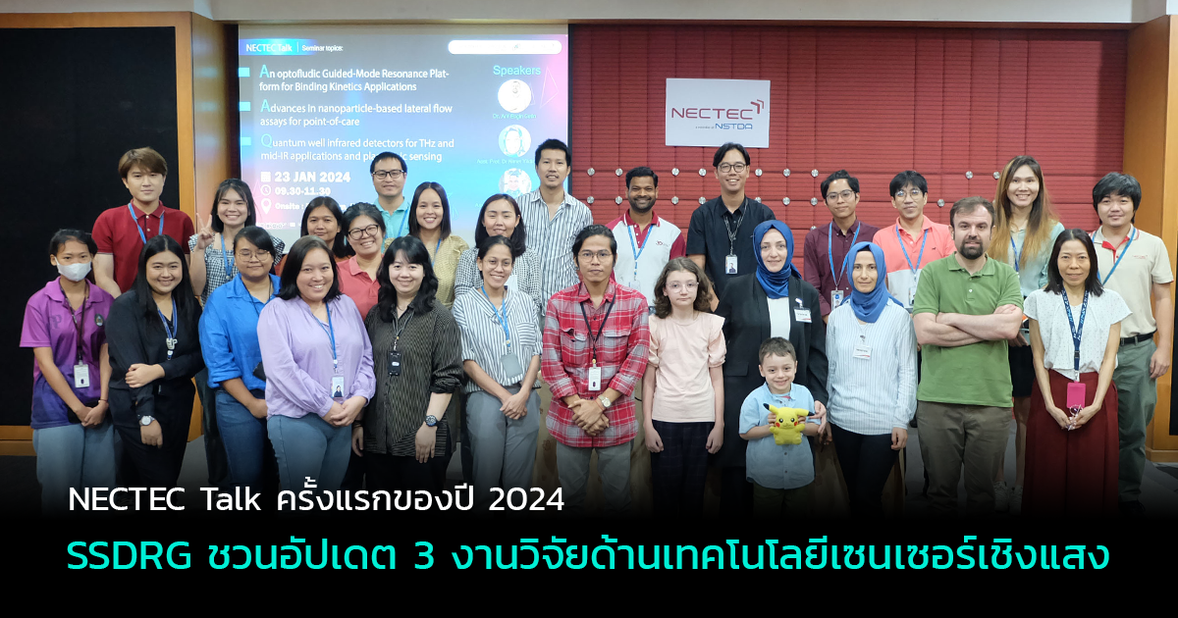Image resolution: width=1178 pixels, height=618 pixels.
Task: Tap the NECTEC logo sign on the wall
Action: [717, 113]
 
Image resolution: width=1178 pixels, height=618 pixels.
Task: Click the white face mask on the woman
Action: [74, 270]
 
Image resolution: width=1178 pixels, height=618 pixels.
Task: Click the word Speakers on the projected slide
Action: [516, 71]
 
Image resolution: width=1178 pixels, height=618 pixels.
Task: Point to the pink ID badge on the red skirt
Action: [1076, 394]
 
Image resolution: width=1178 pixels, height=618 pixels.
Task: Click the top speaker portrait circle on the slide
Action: [514, 96]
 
